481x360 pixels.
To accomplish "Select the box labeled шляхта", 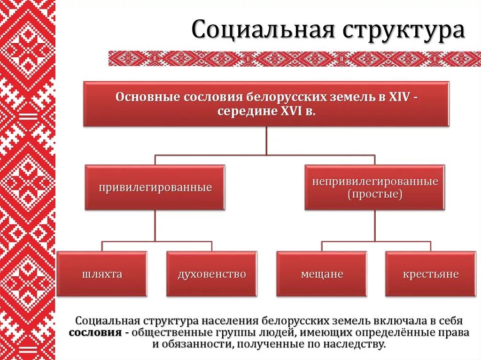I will coord(101,274).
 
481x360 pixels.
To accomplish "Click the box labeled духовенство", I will coord(211,274).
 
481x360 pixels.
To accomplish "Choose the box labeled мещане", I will coord(322,274).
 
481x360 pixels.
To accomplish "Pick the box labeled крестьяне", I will coord(431,274).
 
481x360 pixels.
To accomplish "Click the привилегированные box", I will coord(155,187).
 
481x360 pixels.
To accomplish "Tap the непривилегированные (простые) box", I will coord(375,187).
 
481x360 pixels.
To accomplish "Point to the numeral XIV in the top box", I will coord(399,97).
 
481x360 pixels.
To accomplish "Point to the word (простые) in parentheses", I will coord(375,194).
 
